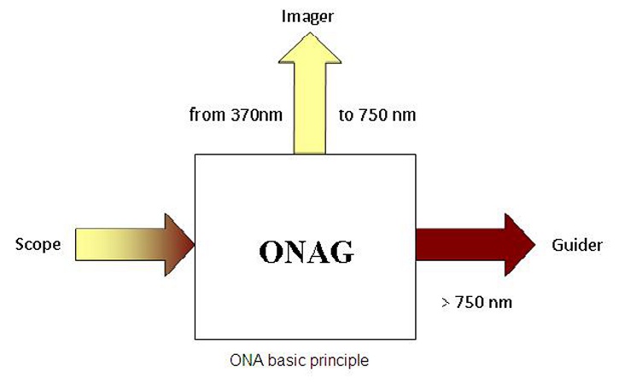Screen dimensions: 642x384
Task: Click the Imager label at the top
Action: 307,18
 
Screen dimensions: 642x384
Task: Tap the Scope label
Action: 38,245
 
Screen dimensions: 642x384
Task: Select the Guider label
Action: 577,245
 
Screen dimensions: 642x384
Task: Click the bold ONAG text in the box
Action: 306,252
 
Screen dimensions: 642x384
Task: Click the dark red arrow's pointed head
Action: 519,245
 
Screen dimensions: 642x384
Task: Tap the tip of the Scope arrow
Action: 194,245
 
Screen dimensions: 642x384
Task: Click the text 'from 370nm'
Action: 236,114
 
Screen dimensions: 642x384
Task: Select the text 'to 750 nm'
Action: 377,115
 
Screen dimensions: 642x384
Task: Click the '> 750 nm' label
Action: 477,303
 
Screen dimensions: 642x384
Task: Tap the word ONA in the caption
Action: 247,361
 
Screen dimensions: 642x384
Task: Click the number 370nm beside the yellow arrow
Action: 257,114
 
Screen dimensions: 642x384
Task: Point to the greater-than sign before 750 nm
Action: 446,303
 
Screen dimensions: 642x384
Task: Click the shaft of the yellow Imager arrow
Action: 310,108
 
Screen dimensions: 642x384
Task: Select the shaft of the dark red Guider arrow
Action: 460,245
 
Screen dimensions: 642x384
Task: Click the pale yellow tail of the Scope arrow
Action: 107,245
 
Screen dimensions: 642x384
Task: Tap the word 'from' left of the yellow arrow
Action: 208,114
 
